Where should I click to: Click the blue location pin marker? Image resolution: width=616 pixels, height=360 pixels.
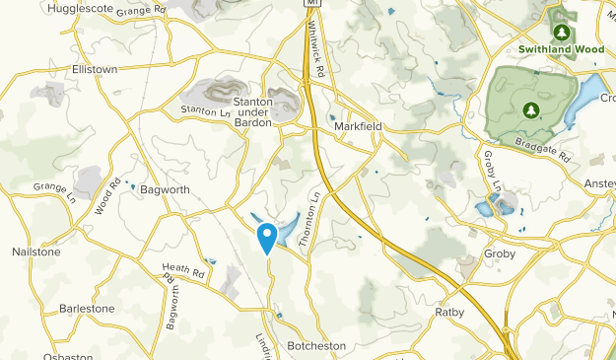[266, 237]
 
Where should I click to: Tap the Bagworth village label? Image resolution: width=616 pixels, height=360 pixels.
[164, 188]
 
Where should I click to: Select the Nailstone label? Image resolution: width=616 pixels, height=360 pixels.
[36, 252]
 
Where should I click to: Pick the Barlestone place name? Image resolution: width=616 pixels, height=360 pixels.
[87, 308]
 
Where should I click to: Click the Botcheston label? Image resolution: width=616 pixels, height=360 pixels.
[318, 346]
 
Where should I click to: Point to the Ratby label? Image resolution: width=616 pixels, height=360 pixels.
[448, 313]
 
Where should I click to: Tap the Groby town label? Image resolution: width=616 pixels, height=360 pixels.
[501, 253]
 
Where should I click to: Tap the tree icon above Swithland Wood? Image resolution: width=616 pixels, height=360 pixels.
[561, 32]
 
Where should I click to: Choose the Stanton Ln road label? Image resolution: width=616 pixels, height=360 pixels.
[205, 112]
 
